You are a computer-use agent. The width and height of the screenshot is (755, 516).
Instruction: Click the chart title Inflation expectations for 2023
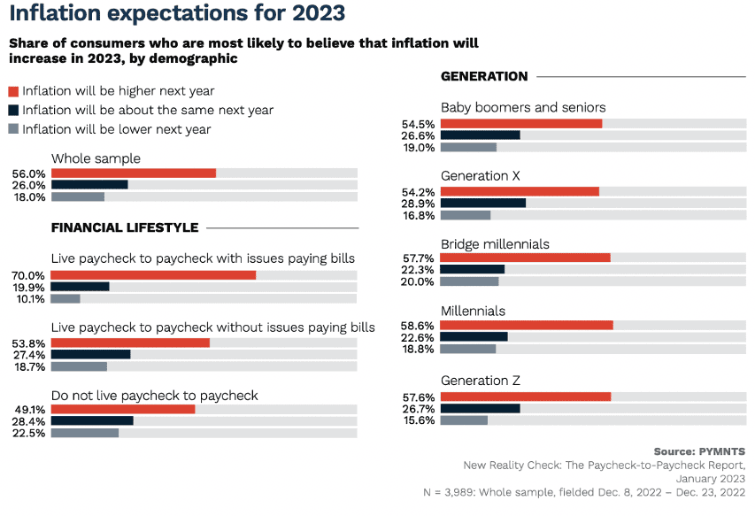click(x=177, y=14)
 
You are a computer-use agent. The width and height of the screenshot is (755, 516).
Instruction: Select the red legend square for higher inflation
click(x=13, y=90)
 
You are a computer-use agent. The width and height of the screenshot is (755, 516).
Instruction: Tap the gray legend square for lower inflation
click(x=13, y=129)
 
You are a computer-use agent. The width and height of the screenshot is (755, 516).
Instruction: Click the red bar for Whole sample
click(x=134, y=173)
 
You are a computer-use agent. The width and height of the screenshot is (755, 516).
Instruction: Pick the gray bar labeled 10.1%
click(x=65, y=298)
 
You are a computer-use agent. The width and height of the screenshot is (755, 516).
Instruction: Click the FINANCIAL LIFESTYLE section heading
click(x=125, y=227)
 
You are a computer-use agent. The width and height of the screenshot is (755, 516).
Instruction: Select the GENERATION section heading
click(x=484, y=77)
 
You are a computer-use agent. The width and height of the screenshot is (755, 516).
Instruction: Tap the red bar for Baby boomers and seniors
click(x=521, y=124)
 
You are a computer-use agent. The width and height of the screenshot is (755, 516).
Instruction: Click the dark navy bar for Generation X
click(x=483, y=204)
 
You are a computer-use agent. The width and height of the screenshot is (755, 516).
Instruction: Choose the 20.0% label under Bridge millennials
click(x=419, y=282)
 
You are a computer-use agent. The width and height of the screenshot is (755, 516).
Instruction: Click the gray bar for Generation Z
click(x=464, y=420)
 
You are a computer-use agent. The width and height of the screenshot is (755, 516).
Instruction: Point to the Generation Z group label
click(x=481, y=381)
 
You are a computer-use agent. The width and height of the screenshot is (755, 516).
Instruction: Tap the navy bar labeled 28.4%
click(x=92, y=421)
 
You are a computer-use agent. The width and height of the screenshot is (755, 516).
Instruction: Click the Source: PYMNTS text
click(x=699, y=451)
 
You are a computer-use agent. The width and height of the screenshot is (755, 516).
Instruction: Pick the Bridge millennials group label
click(x=495, y=243)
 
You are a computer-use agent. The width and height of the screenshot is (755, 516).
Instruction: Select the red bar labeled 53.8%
click(x=130, y=343)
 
